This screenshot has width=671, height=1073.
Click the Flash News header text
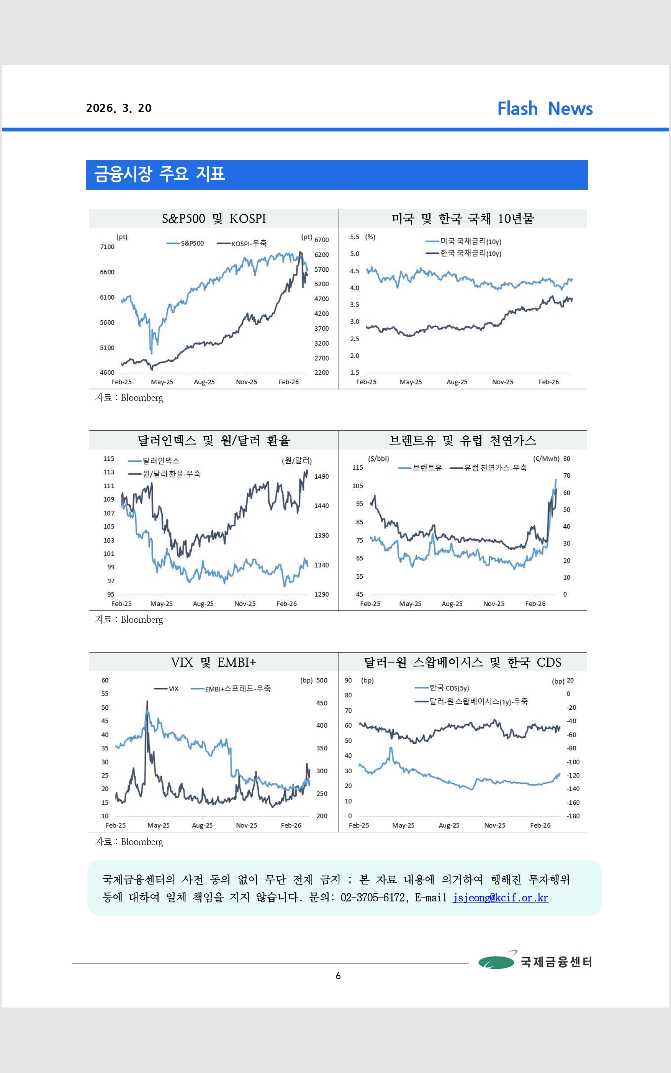[x=545, y=108]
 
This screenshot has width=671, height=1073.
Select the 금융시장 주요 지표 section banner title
[x=159, y=174]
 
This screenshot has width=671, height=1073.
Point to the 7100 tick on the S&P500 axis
[x=107, y=247]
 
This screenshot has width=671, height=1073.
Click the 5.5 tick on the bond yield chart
[x=354, y=237]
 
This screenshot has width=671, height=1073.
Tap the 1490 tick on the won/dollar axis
[x=321, y=476]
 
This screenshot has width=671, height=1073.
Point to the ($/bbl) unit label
[x=378, y=459]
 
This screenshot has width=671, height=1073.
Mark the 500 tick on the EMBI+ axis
[x=322, y=680]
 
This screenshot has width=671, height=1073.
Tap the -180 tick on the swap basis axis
[x=573, y=815]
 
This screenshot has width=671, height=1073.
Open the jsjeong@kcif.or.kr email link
[x=500, y=897]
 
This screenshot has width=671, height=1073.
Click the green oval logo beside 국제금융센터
[x=496, y=961]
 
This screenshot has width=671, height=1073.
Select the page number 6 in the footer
[x=338, y=975]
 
